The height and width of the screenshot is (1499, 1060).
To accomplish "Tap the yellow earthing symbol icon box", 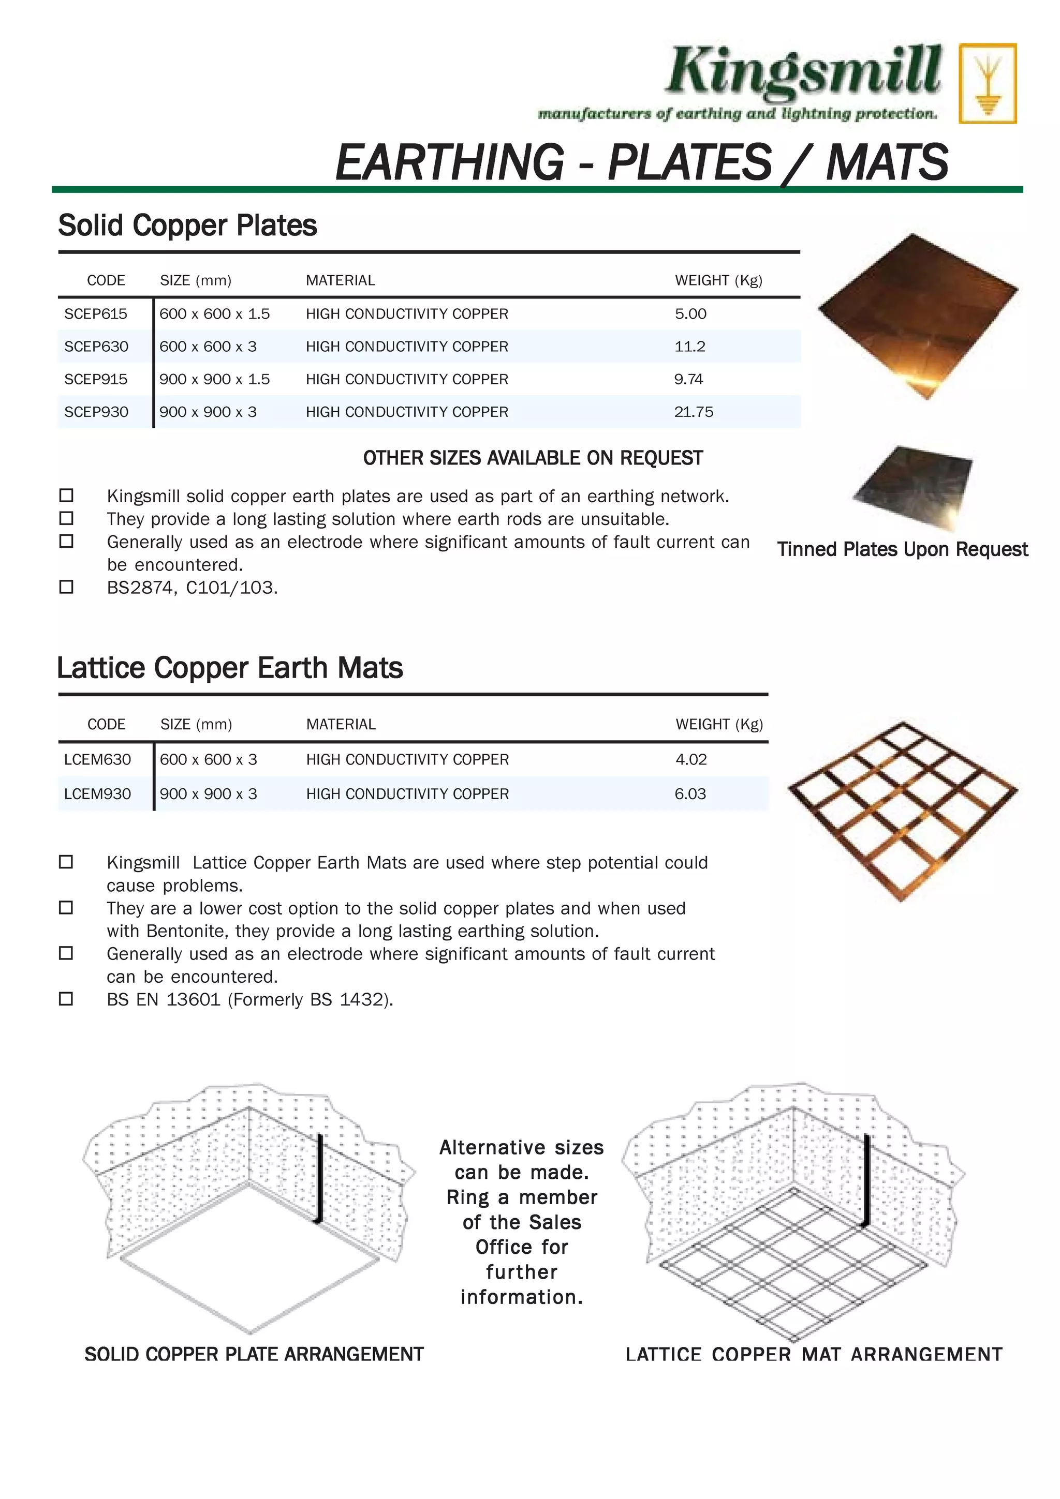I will pyautogui.click(x=987, y=84).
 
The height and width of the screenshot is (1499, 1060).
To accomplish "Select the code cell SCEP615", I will pyautogui.click(x=96, y=314).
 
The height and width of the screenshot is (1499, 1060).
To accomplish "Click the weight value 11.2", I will pyautogui.click(x=690, y=347).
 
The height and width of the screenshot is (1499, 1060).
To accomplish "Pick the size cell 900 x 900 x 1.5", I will pyautogui.click(x=214, y=379).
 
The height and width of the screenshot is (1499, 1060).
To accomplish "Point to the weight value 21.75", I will pyautogui.click(x=694, y=412).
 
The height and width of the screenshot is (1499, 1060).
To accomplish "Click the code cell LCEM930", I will pyautogui.click(x=97, y=794).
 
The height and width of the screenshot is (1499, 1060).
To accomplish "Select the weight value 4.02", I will pyautogui.click(x=691, y=759).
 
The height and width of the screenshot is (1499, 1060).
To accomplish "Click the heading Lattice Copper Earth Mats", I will pyautogui.click(x=230, y=668).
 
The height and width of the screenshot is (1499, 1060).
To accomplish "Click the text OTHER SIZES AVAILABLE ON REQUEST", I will pyautogui.click(x=533, y=458).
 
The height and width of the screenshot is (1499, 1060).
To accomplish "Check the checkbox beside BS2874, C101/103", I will pyautogui.click(x=66, y=587).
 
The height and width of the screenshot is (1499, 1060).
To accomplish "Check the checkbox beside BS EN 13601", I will pyautogui.click(x=66, y=999).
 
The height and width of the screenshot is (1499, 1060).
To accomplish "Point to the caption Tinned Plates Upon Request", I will pyautogui.click(x=902, y=550).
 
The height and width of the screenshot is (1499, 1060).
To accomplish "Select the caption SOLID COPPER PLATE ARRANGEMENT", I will pyautogui.click(x=254, y=1354).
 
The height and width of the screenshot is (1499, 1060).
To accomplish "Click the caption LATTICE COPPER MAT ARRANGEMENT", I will pyautogui.click(x=814, y=1354).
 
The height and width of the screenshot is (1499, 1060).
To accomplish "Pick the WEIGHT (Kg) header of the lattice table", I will pyautogui.click(x=719, y=725).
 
